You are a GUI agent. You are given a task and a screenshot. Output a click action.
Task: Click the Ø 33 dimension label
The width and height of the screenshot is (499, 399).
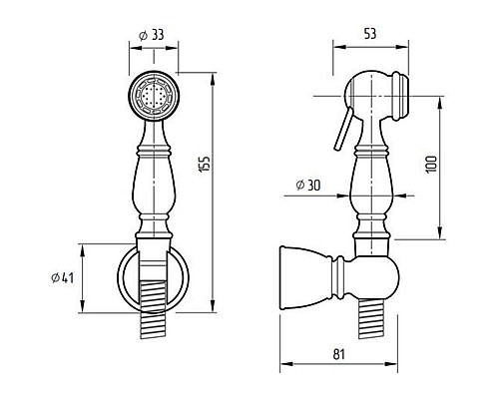tap(152, 35)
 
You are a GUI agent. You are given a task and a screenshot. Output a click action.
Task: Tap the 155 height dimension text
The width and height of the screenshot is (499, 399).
tap(204, 164)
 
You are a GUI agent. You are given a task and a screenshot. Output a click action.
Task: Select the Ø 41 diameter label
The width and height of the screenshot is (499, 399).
tap(63, 278)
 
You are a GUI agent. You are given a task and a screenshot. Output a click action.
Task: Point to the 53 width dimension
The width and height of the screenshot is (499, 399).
tap(370, 34)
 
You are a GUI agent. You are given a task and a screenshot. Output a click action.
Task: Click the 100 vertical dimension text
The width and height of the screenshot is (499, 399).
tap(431, 164)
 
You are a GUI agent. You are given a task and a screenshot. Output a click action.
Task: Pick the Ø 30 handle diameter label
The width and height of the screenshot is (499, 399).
tap(308, 185)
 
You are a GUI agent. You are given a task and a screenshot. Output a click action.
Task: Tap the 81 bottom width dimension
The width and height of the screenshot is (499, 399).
tap(339, 354)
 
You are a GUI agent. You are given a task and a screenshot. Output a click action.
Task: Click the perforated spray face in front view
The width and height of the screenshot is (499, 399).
tap(154, 97)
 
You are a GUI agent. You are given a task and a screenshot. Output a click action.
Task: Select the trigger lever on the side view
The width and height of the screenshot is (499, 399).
tap(342, 129)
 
